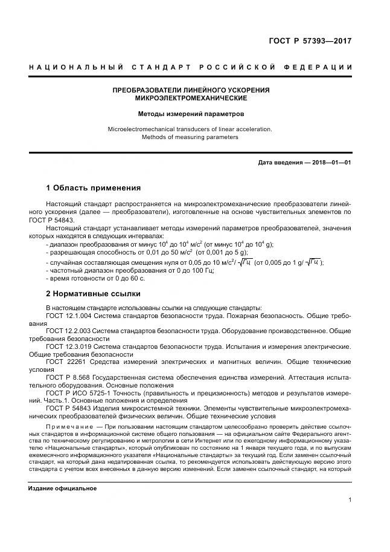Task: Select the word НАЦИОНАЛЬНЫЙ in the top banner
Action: pyautogui.click(x=76, y=67)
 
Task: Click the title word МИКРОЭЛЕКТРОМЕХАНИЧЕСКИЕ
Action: pyautogui.click(x=191, y=98)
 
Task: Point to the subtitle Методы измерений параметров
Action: pyautogui.click(x=191, y=113)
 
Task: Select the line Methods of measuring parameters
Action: pyautogui.click(x=190, y=137)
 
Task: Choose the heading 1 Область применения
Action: pyautogui.click(x=94, y=187)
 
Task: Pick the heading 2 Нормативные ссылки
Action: pyautogui.click(x=94, y=294)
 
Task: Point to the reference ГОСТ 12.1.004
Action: pyautogui.click(x=68, y=316)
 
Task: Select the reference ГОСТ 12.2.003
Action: pyautogui.click(x=68, y=331)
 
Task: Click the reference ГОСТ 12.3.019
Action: pyautogui.click(x=68, y=347)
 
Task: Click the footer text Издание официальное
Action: pyautogui.click(x=62, y=488)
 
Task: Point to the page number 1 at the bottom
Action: pyautogui.click(x=350, y=499)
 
